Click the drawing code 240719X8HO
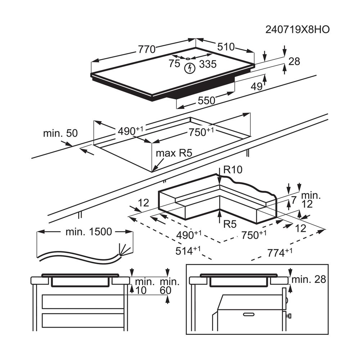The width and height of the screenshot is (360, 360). [x=297, y=30]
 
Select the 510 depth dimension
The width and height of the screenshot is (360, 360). [x=225, y=47]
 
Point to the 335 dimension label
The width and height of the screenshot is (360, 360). [x=208, y=64]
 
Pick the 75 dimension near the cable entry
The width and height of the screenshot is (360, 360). [x=174, y=64]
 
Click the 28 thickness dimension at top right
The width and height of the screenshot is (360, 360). [x=294, y=62]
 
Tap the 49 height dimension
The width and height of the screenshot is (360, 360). [x=256, y=86]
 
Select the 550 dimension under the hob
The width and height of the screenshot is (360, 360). [x=206, y=101]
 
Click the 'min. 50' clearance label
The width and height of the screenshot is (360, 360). [x=60, y=134]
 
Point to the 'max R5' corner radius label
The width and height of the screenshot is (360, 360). [x=174, y=153]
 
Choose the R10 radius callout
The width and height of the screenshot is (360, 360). [x=233, y=169]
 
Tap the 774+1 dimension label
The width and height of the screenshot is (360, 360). [x=279, y=253]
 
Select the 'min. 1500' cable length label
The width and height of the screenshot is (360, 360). [x=89, y=232]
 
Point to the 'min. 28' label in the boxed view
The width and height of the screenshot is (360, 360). [x=309, y=279]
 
